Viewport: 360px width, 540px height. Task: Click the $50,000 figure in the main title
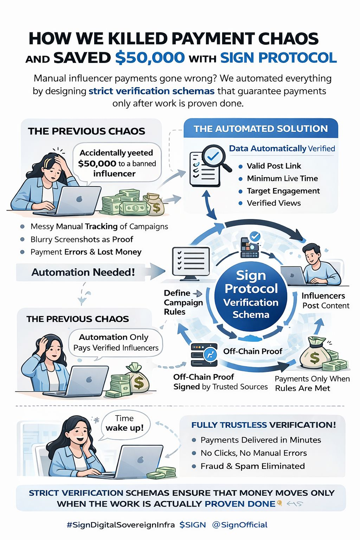pos(150,58)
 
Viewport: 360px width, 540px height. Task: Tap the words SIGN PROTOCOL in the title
pos(278,58)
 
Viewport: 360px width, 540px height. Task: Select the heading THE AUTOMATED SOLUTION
pos(261,129)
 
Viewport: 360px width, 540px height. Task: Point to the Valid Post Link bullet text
pos(274,166)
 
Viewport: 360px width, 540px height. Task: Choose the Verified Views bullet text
pos(274,203)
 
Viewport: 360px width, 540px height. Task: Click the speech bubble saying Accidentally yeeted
pos(117,163)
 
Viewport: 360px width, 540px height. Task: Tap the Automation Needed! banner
pos(83,272)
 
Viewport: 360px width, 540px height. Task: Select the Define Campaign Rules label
pos(183,302)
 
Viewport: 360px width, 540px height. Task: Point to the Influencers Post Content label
pos(325,301)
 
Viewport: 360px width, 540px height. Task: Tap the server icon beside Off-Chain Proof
pos(204,355)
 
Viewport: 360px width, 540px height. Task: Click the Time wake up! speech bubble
pos(124,423)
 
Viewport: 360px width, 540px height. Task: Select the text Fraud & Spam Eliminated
pos(252,466)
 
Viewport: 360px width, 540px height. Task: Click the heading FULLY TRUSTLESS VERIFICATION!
pos(264,425)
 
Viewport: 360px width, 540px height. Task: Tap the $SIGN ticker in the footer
pos(193,525)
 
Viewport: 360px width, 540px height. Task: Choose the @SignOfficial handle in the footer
pos(240,525)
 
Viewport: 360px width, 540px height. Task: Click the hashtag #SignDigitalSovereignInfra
pos(121,525)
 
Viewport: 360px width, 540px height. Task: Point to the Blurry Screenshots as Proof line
pos(82,239)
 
